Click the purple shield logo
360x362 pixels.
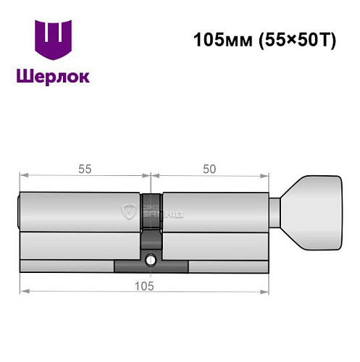pos(54,41)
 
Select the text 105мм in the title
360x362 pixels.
pos(217,41)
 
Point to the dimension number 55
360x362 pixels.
pos(83,169)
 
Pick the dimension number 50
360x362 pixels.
pos(210,169)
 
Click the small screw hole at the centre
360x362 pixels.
pos(151,260)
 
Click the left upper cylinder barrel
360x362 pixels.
pos(80,211)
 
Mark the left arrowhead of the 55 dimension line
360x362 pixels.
pos(22,175)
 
